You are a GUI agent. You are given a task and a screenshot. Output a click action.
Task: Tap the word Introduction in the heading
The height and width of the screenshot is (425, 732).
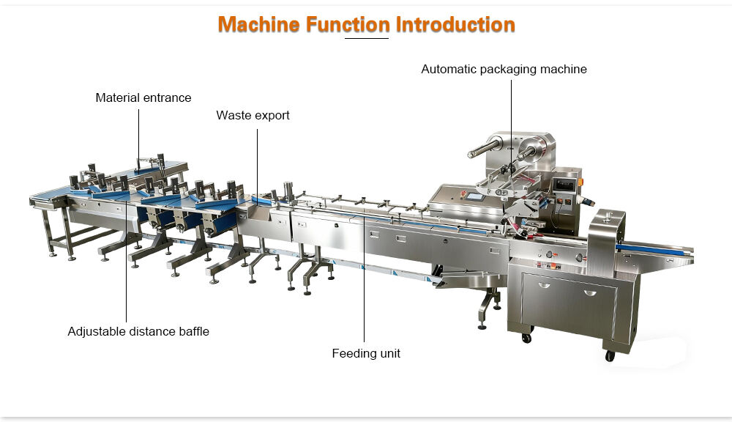[x=455, y=24]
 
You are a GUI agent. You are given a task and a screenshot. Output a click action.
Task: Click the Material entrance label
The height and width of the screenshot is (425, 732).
[x=143, y=97]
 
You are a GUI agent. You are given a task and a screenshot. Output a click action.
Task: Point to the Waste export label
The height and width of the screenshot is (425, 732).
[x=253, y=115]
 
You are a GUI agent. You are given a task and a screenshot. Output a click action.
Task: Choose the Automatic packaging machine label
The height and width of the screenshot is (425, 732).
[x=504, y=69]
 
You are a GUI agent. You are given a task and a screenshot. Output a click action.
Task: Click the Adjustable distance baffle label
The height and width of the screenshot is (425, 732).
[x=138, y=331]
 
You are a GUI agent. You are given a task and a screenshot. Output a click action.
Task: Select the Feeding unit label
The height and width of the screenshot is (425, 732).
[x=366, y=353]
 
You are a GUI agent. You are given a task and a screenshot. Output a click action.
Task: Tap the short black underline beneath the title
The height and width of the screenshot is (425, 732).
[x=366, y=38]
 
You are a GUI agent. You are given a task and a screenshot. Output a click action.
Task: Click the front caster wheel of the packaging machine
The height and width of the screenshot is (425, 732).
[x=610, y=356]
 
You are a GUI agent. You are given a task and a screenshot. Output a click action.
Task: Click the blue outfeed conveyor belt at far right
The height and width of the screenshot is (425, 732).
[x=655, y=249]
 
